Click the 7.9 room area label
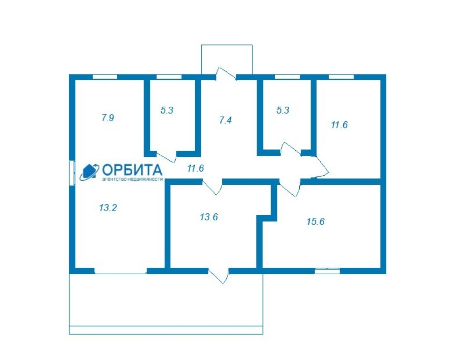click(x=108, y=118)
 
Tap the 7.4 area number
click(x=225, y=120)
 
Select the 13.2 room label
click(x=108, y=207)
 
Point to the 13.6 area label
click(x=209, y=217)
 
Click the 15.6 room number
click(x=316, y=221)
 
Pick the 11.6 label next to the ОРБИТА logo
click(x=196, y=168)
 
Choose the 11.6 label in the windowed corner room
click(x=339, y=124)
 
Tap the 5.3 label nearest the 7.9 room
click(x=167, y=110)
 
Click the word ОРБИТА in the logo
click(x=132, y=170)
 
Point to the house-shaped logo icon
click(x=89, y=172)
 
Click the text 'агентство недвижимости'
click(x=132, y=179)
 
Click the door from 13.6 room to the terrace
click(x=218, y=275)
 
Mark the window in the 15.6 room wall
click(x=327, y=271)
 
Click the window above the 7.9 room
click(x=105, y=77)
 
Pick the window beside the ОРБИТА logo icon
click(x=72, y=173)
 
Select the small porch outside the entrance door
click(x=227, y=59)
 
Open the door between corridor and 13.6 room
click(x=213, y=187)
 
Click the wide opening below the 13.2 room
click(x=121, y=271)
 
